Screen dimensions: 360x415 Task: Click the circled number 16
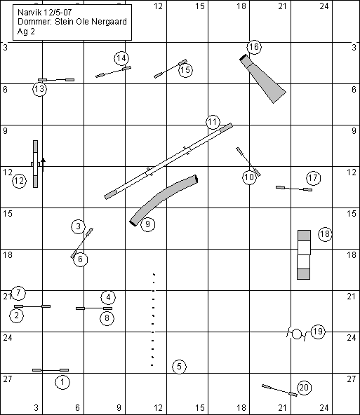click(x=254, y=47)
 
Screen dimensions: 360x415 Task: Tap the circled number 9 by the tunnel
click(x=148, y=224)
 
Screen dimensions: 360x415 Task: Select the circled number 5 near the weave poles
click(x=180, y=367)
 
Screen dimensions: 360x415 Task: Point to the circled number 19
click(x=318, y=332)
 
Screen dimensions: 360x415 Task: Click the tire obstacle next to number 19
click(x=297, y=334)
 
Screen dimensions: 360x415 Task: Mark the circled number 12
click(x=20, y=181)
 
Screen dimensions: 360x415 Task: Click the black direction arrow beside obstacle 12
click(x=44, y=164)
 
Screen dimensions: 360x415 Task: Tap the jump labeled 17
click(x=294, y=189)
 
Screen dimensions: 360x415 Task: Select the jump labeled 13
click(x=56, y=80)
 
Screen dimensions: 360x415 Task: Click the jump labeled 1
click(x=51, y=370)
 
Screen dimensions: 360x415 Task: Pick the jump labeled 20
click(x=279, y=390)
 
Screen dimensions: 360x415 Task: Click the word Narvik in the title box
click(x=27, y=12)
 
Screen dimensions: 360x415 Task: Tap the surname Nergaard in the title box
click(x=109, y=22)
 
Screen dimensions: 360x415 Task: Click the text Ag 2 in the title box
click(x=26, y=32)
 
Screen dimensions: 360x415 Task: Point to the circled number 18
click(x=325, y=234)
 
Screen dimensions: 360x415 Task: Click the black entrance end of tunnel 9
click(x=133, y=223)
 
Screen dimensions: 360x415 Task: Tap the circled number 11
click(x=213, y=122)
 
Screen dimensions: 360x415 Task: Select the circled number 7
click(x=18, y=293)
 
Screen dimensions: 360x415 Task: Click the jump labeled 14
click(x=113, y=72)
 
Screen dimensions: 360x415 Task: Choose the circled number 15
click(x=185, y=70)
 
